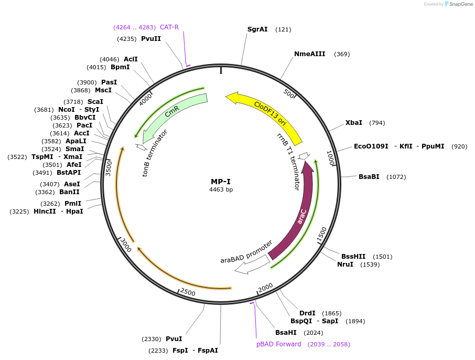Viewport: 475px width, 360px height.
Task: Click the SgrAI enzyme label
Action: (x=257, y=29)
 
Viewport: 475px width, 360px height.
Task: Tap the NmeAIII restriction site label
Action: (x=309, y=54)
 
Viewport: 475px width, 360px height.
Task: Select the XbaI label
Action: (x=353, y=123)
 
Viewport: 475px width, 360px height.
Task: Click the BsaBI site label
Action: (x=369, y=177)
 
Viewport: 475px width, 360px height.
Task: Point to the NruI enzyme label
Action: (x=345, y=264)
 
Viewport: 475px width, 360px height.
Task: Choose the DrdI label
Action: (x=307, y=313)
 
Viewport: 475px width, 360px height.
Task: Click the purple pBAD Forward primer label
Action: (x=278, y=344)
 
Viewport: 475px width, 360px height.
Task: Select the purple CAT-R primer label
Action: (x=169, y=27)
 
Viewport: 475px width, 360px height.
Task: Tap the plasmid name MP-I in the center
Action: (x=221, y=182)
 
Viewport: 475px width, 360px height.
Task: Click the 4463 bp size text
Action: (x=221, y=189)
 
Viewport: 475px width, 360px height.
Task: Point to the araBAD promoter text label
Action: (x=246, y=252)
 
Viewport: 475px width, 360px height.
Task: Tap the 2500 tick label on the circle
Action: (x=187, y=292)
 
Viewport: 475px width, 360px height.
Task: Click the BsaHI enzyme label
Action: (x=286, y=332)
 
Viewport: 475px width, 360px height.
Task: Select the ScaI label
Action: (x=95, y=101)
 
